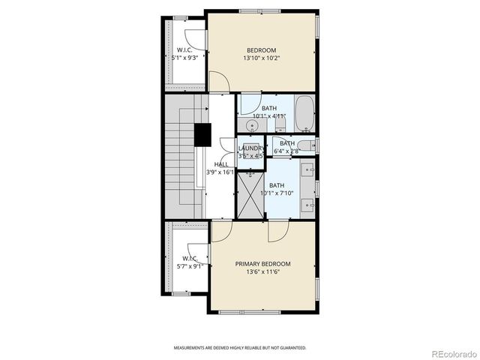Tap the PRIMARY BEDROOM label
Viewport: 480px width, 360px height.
[x=262, y=264]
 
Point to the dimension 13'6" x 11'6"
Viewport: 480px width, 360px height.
[x=262, y=272]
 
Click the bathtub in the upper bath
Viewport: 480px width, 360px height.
[x=304, y=113]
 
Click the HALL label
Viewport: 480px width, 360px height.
[x=221, y=164]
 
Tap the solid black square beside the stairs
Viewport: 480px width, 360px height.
[x=202, y=134]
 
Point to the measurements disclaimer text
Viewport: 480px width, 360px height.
[x=240, y=348]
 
